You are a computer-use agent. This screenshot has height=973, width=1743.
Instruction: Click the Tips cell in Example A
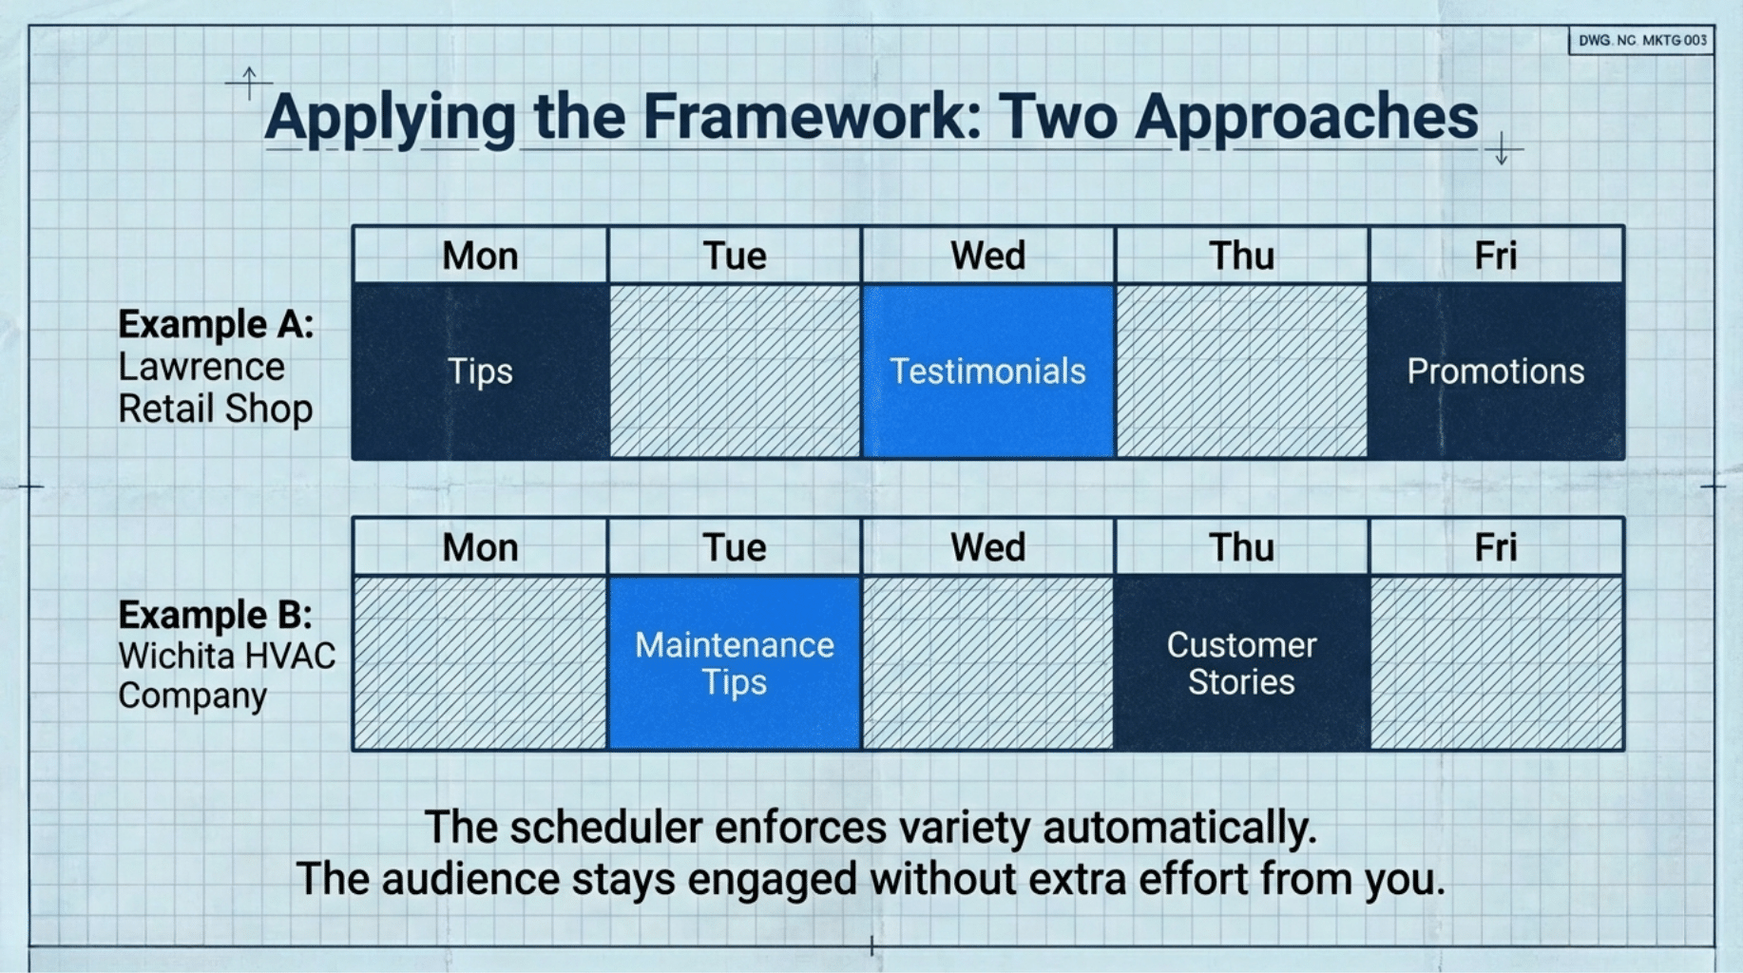point(480,371)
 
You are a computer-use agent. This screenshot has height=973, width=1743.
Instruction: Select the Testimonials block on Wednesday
point(987,371)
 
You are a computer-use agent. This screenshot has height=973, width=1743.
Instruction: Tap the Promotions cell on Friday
point(1496,371)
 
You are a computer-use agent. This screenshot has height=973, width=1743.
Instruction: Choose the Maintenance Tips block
point(735,662)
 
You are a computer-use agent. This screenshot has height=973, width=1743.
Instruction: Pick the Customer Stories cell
point(1241,662)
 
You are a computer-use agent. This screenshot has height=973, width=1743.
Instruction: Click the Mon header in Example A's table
point(480,256)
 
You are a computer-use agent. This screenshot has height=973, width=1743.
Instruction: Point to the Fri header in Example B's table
point(1496,547)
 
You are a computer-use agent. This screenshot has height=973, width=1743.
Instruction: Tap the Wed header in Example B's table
point(987,547)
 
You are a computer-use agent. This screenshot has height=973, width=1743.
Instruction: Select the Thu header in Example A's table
point(1241,256)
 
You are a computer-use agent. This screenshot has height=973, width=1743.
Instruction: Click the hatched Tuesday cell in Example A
point(735,371)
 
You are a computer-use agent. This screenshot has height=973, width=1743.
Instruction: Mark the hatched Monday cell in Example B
point(480,662)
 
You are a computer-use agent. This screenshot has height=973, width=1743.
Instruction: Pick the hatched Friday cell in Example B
point(1497,662)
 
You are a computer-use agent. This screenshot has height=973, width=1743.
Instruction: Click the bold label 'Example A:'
point(216,325)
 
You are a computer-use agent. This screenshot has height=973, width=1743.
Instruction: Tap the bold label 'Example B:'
point(216,616)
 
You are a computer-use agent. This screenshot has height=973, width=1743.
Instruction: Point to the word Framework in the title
point(812,117)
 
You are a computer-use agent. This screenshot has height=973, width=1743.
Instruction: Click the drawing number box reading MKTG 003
point(1642,41)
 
